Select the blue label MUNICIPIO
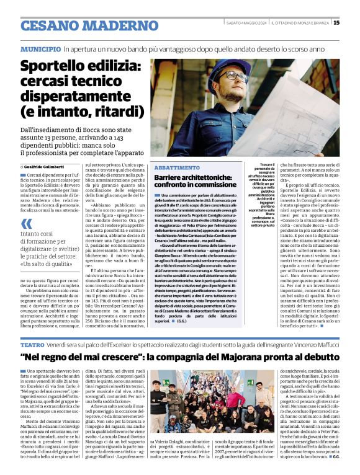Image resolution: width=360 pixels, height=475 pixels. pyautogui.click(x=40, y=48)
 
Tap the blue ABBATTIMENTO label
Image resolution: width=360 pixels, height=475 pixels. pyautogui.click(x=177, y=168)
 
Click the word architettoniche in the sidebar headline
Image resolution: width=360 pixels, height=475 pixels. pyautogui.click(x=207, y=177)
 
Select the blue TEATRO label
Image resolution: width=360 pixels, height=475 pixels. pyautogui.click(x=32, y=344)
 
